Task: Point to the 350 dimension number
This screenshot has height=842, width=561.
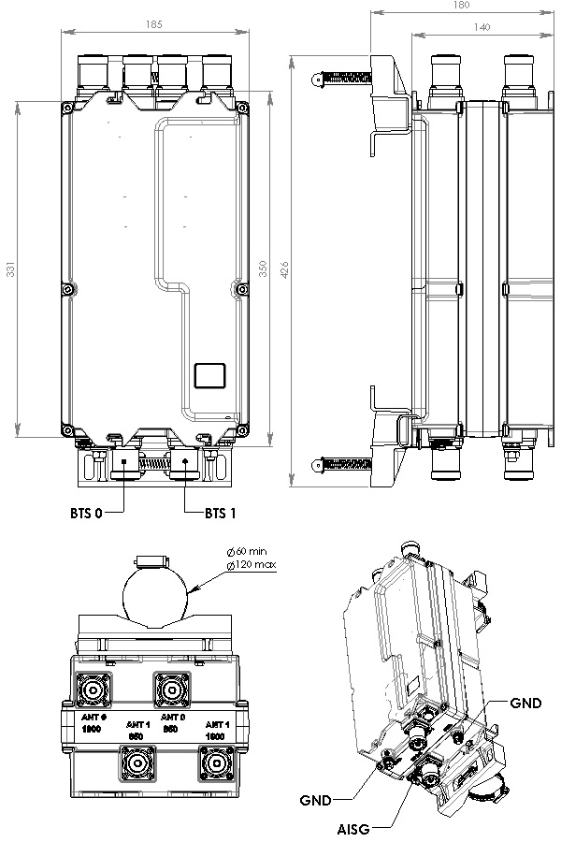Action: [x=264, y=269]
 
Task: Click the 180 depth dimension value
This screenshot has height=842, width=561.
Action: [x=460, y=6]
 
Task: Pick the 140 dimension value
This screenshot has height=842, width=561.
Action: [x=482, y=28]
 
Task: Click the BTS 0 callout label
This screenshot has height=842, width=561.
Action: [x=85, y=513]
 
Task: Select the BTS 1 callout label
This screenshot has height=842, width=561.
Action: [x=221, y=513]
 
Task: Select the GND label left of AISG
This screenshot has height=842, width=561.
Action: [x=314, y=801]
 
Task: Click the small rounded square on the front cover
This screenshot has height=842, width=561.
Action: [x=209, y=375]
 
